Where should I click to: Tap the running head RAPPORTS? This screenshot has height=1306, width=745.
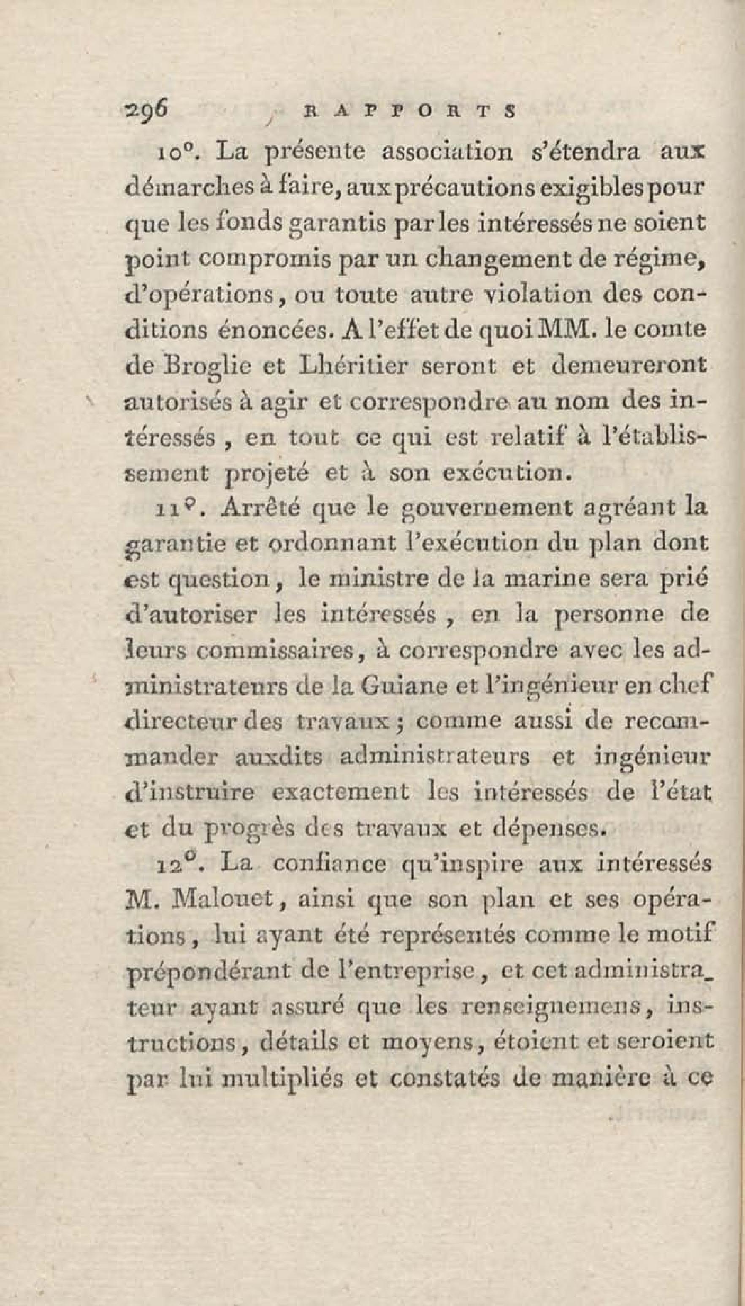(409, 111)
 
